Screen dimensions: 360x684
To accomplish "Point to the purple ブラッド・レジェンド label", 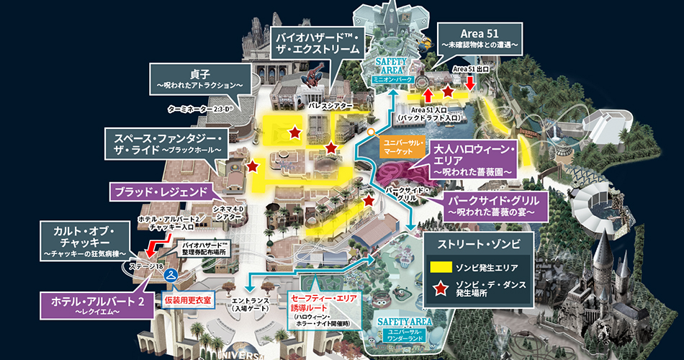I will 158,192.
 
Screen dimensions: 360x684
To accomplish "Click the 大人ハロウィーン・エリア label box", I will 474,161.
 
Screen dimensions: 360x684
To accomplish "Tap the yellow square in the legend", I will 441,266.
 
